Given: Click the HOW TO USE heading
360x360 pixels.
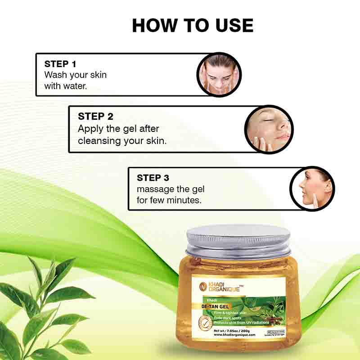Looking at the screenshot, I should (193, 26).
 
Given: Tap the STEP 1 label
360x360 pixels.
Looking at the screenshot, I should (63, 64).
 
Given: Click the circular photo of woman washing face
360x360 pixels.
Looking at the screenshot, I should (219, 74).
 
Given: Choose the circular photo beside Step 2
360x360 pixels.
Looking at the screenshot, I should (269, 129).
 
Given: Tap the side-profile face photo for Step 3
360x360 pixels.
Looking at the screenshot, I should (312, 189).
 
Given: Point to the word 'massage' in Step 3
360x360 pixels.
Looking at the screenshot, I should (155, 189).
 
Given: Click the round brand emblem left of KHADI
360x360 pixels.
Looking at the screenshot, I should (203, 287).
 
